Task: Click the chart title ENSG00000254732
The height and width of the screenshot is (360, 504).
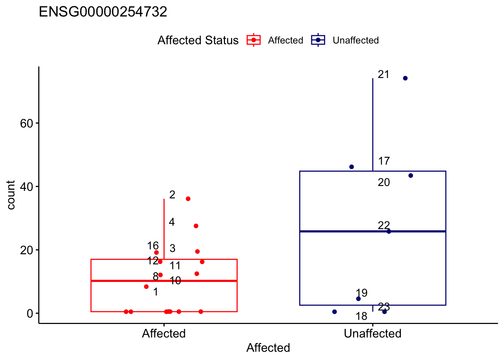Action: (x=103, y=12)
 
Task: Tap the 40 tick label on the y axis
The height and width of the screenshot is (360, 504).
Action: (x=27, y=187)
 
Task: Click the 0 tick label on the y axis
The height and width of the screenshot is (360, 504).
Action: (x=30, y=313)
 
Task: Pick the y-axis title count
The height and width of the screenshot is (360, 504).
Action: (x=11, y=195)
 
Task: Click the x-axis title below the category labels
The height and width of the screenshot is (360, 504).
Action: (x=268, y=348)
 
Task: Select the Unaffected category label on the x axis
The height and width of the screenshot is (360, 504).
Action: (x=372, y=334)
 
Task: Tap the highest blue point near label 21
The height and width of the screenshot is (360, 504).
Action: (x=405, y=78)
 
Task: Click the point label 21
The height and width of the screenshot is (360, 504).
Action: (x=383, y=75)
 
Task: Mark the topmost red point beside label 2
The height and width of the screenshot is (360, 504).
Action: (x=188, y=199)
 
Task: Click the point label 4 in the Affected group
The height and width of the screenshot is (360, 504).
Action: (x=172, y=222)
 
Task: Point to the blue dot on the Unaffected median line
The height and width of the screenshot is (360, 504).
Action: (x=388, y=231)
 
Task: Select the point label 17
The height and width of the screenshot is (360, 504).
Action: (x=384, y=161)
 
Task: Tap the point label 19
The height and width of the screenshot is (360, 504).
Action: (x=361, y=293)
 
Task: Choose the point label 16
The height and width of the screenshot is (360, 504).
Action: (x=153, y=246)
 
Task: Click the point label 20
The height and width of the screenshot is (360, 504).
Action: (x=384, y=183)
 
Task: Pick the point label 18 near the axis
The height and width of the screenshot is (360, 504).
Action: (x=361, y=316)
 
